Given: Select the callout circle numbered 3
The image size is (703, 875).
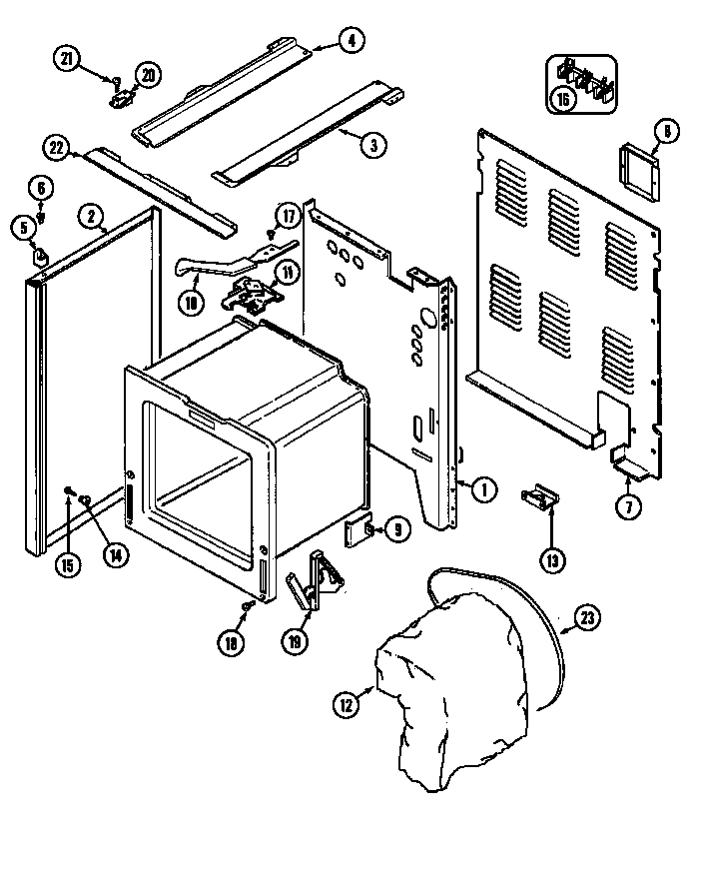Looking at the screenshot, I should (x=372, y=144).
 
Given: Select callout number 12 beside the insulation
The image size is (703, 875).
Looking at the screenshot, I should (x=345, y=705).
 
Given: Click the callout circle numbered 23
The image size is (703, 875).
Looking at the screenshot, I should (x=588, y=620).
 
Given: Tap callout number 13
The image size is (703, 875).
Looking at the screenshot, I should (x=550, y=560).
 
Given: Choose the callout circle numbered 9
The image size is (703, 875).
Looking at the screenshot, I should (x=395, y=530).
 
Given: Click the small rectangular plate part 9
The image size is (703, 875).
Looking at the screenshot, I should (x=357, y=532).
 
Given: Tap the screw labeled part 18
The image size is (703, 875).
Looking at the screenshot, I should (x=249, y=605).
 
